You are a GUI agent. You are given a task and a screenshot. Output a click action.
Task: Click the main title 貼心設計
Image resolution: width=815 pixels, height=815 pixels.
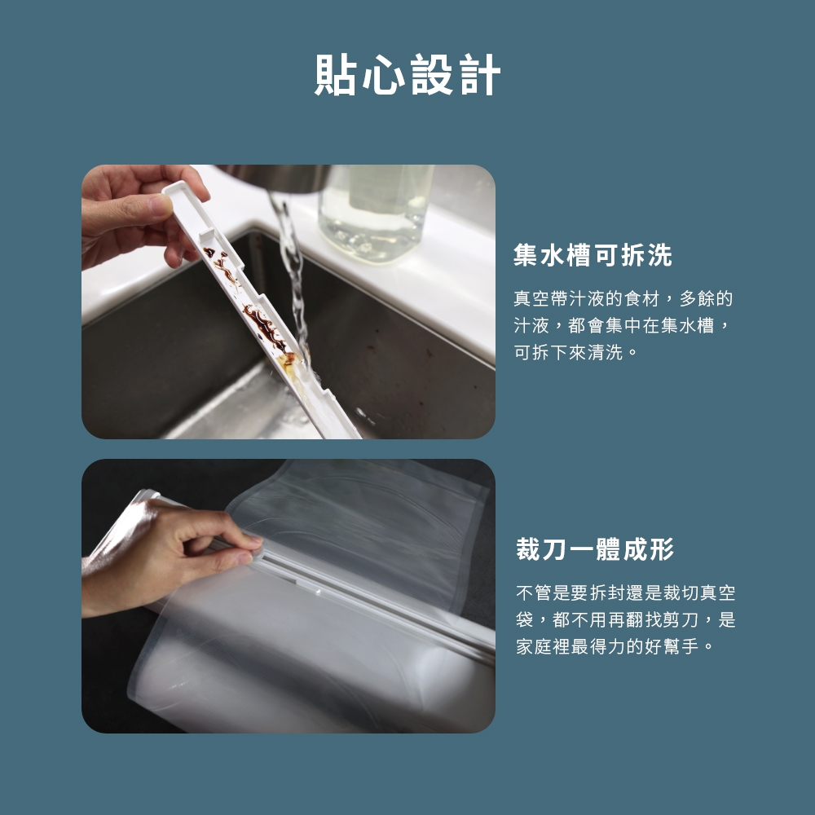click(x=407, y=75)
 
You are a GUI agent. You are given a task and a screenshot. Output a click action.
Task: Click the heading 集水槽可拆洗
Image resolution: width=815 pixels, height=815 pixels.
click(x=593, y=256)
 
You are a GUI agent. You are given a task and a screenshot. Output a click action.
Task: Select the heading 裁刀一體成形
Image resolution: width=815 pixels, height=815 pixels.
click(x=595, y=549)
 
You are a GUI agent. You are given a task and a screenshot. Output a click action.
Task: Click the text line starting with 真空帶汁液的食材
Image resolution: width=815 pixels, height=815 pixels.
click(x=623, y=299)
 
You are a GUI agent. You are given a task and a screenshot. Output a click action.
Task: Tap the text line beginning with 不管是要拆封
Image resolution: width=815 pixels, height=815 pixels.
click(x=625, y=593)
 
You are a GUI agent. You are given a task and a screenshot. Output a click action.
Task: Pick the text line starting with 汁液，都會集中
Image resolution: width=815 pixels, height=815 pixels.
click(x=623, y=326)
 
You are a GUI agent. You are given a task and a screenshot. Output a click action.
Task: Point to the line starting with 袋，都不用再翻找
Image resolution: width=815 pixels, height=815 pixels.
click(x=625, y=619)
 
